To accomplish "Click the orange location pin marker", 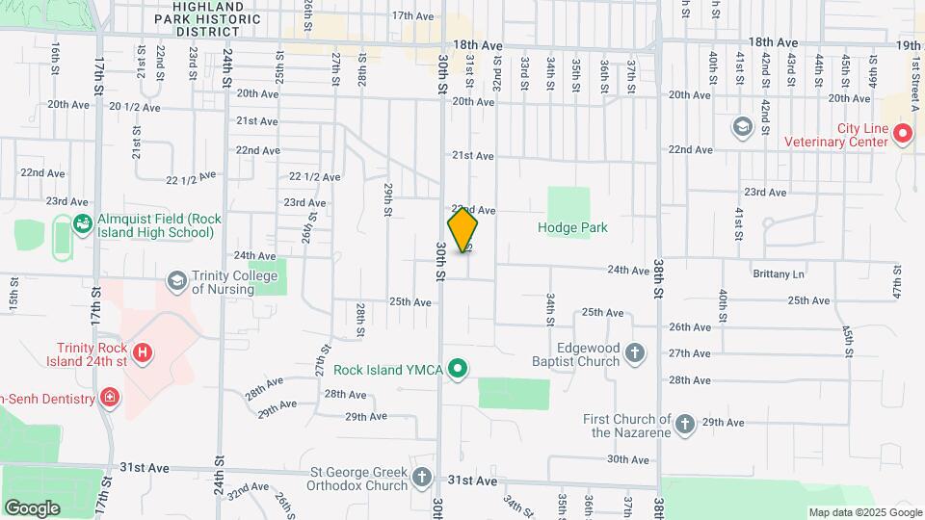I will coord(462,230).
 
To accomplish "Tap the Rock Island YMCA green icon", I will coord(460,369).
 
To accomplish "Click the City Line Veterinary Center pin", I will coord(903,135).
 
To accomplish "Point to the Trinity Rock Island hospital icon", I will coord(143,353).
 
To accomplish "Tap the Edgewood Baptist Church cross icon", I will coord(634,353).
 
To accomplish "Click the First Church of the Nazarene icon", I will coord(684,424).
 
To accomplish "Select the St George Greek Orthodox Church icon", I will coord(422,477).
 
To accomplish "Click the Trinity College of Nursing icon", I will coord(176,281).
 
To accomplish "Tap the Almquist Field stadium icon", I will coord(82,224).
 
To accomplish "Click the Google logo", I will coord(32,507).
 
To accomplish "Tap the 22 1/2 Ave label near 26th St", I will coord(315,177).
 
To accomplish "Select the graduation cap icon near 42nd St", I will coord(742,126).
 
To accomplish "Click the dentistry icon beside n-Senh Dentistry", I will coord(110,398).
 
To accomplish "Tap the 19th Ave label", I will coord(909,45).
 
